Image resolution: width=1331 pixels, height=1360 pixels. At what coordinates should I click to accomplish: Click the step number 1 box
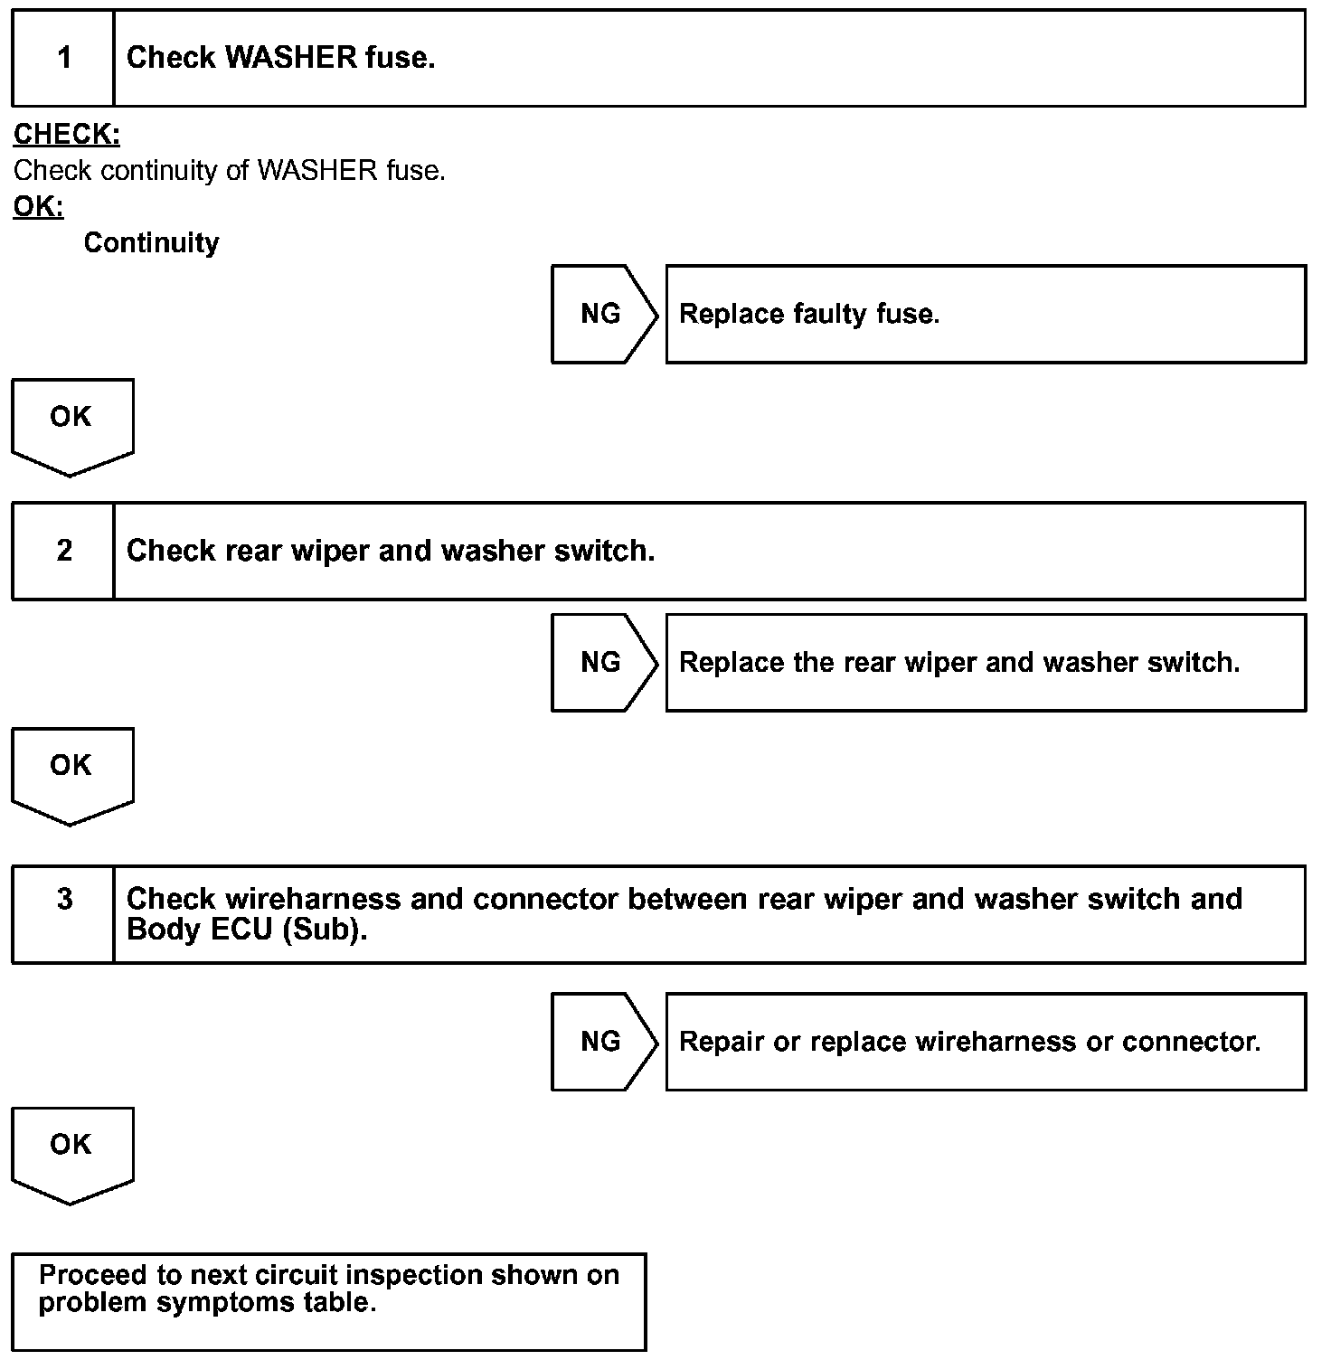(63, 58)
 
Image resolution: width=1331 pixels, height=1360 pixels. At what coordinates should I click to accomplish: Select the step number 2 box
(63, 551)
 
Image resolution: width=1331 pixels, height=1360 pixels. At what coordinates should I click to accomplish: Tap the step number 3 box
(63, 913)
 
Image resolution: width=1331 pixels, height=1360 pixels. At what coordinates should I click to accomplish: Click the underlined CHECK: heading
(67, 135)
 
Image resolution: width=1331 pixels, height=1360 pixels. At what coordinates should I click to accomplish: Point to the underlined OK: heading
(38, 207)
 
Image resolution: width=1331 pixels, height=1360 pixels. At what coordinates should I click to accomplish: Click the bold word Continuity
(151, 243)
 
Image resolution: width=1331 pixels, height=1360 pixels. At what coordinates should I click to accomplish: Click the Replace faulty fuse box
(985, 315)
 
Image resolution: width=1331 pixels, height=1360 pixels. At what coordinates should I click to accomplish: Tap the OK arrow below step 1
(71, 423)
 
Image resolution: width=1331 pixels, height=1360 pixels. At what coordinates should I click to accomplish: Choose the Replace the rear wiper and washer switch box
(985, 663)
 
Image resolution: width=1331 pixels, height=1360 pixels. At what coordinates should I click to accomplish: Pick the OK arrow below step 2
(71, 772)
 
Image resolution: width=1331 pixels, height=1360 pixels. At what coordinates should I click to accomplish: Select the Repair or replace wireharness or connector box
(985, 1042)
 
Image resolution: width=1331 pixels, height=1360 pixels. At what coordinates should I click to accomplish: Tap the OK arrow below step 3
(71, 1151)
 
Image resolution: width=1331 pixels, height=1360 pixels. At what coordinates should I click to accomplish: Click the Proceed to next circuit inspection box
(329, 1301)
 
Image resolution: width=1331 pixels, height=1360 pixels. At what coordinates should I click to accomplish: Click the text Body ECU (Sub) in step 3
(246, 930)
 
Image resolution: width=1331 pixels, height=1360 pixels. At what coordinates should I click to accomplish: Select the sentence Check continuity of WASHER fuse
(230, 171)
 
